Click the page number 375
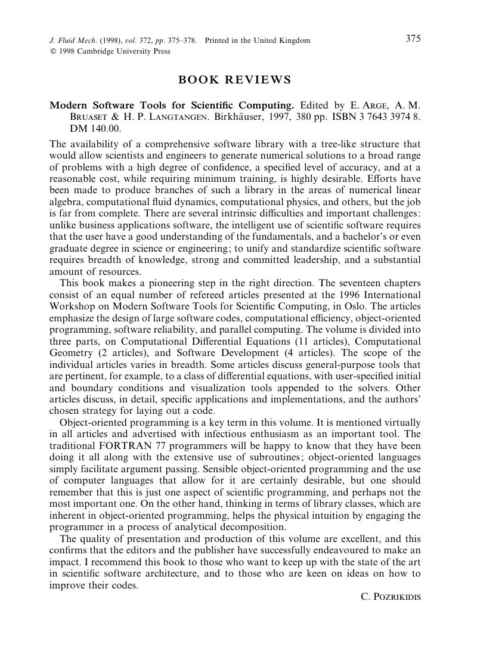[x=413, y=39]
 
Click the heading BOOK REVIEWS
[x=235, y=80]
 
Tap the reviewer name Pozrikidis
[x=391, y=596]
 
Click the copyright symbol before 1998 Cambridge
[x=52, y=51]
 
